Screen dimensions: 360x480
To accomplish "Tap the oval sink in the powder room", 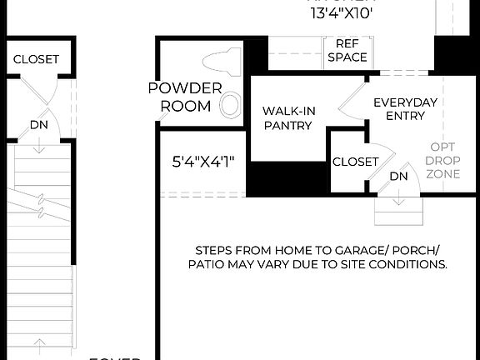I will [x=231, y=104].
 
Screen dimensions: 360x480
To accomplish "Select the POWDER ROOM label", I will [x=185, y=97].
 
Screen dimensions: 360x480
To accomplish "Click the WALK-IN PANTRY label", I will [x=287, y=117].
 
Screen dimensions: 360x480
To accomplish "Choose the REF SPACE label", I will [x=347, y=51].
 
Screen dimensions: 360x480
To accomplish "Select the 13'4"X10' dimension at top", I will [x=342, y=12].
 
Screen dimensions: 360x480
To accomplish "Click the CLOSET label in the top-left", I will [x=36, y=59].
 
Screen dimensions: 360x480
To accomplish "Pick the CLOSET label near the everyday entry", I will [x=355, y=162].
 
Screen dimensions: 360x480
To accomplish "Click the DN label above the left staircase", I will [x=39, y=125].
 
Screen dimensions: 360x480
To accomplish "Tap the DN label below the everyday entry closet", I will [x=399, y=177].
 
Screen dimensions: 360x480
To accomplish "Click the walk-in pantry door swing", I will [x=348, y=100].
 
